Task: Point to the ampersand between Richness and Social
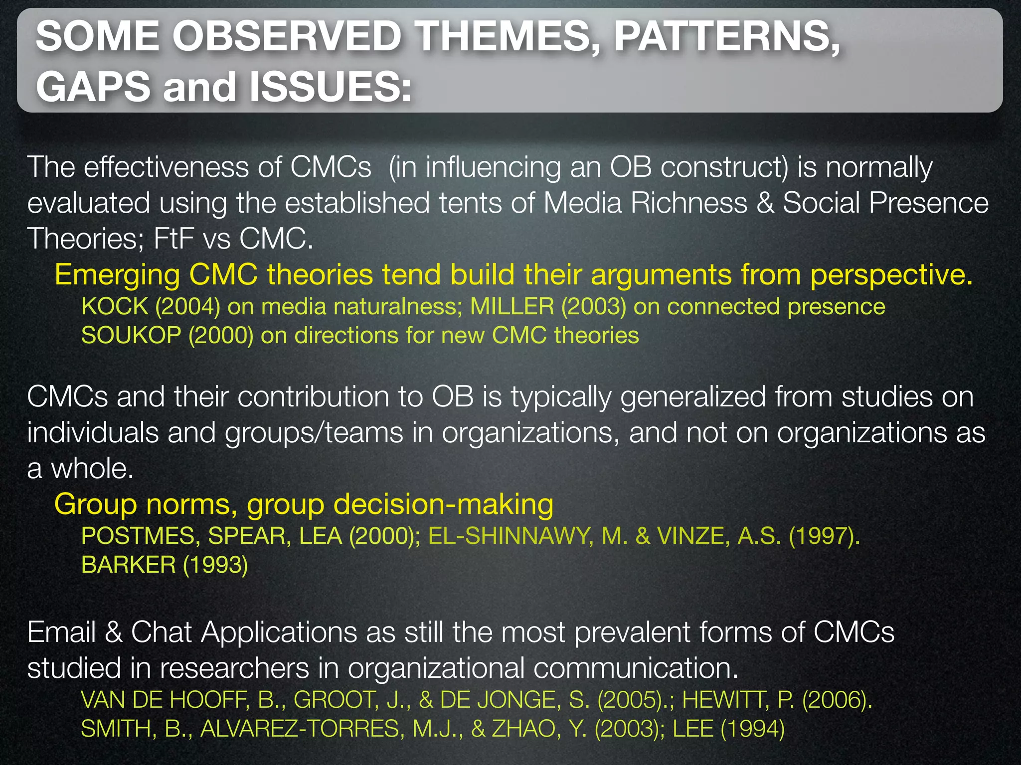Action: pos(765,203)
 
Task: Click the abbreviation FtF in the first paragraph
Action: pos(173,239)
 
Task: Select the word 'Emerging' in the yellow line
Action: pos(117,275)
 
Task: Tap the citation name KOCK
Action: pos(115,306)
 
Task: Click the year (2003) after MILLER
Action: pos(594,306)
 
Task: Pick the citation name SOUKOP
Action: pos(131,335)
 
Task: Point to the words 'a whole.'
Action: pos(80,469)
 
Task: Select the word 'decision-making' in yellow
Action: pos(443,504)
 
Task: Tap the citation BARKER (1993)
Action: pos(165,565)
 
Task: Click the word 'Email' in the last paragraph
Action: pos(61,633)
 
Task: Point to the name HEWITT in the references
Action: pos(725,700)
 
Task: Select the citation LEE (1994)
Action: pos(728,729)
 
